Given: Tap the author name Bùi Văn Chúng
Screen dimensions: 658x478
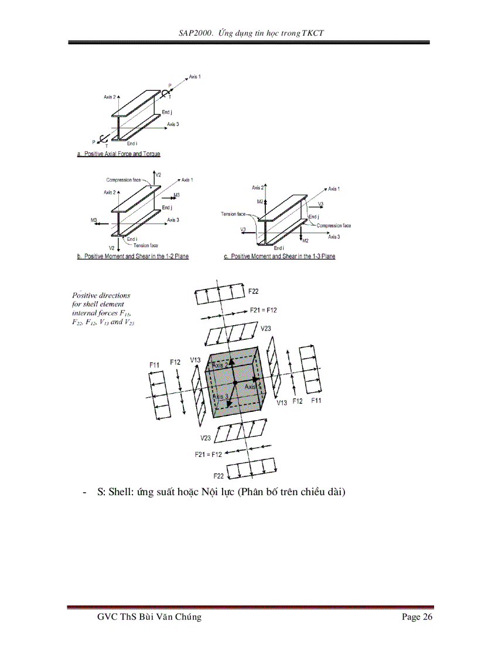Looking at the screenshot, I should click(x=170, y=617).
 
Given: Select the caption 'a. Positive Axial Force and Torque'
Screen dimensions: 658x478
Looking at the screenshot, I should click(x=118, y=154).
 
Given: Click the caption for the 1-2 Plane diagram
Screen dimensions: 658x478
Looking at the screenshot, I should click(x=133, y=257).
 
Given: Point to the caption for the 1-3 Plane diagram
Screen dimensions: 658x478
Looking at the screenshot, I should click(x=279, y=257).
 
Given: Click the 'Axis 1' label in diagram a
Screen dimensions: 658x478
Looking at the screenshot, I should click(x=195, y=77).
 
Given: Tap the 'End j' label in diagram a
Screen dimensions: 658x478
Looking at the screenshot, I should click(x=167, y=112).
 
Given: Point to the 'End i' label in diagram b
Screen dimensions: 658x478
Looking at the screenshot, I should click(x=132, y=239).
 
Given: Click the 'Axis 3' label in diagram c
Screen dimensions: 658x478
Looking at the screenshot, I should click(x=334, y=237).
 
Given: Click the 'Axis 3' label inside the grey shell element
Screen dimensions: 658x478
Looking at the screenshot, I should click(x=220, y=397).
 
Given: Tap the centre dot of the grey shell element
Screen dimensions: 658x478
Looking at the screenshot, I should click(x=234, y=383).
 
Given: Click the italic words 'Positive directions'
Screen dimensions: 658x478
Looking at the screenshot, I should click(x=101, y=295).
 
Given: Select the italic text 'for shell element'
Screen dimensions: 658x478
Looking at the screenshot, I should click(x=98, y=304).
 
